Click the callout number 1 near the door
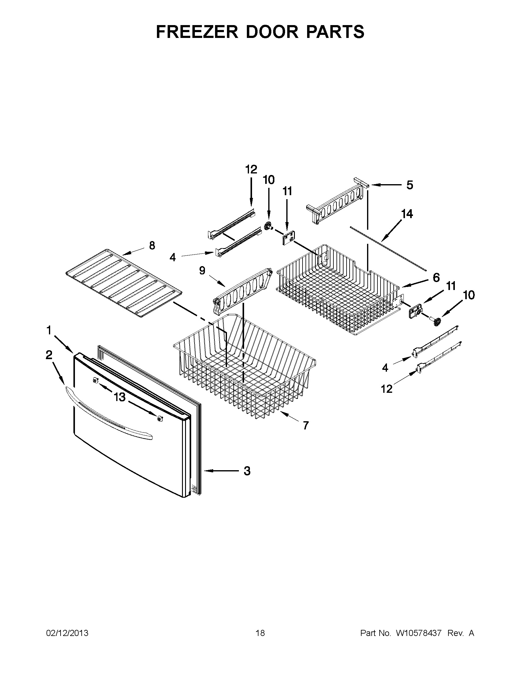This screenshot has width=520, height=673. [49, 330]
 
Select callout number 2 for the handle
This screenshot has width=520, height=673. [49, 355]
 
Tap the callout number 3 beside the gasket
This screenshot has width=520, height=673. [247, 471]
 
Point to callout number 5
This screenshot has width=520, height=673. [409, 185]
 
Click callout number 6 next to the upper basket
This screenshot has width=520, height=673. [436, 278]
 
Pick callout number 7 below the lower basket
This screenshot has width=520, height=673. [305, 426]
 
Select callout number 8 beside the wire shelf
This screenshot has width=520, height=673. [152, 246]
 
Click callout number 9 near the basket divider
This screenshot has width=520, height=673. [202, 270]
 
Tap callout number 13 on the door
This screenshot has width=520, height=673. [120, 397]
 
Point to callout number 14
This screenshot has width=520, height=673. [407, 214]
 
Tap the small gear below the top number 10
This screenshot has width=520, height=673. [268, 227]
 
